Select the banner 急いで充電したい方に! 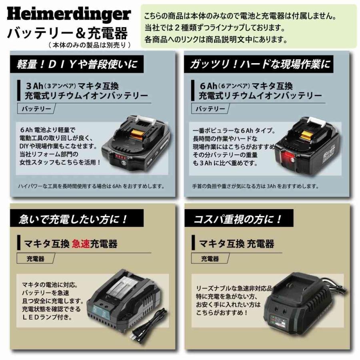click(x=74, y=219)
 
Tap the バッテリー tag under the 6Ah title click(x=210, y=109)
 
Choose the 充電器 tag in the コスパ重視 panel click(x=210, y=259)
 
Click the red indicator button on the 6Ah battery click(x=287, y=158)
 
